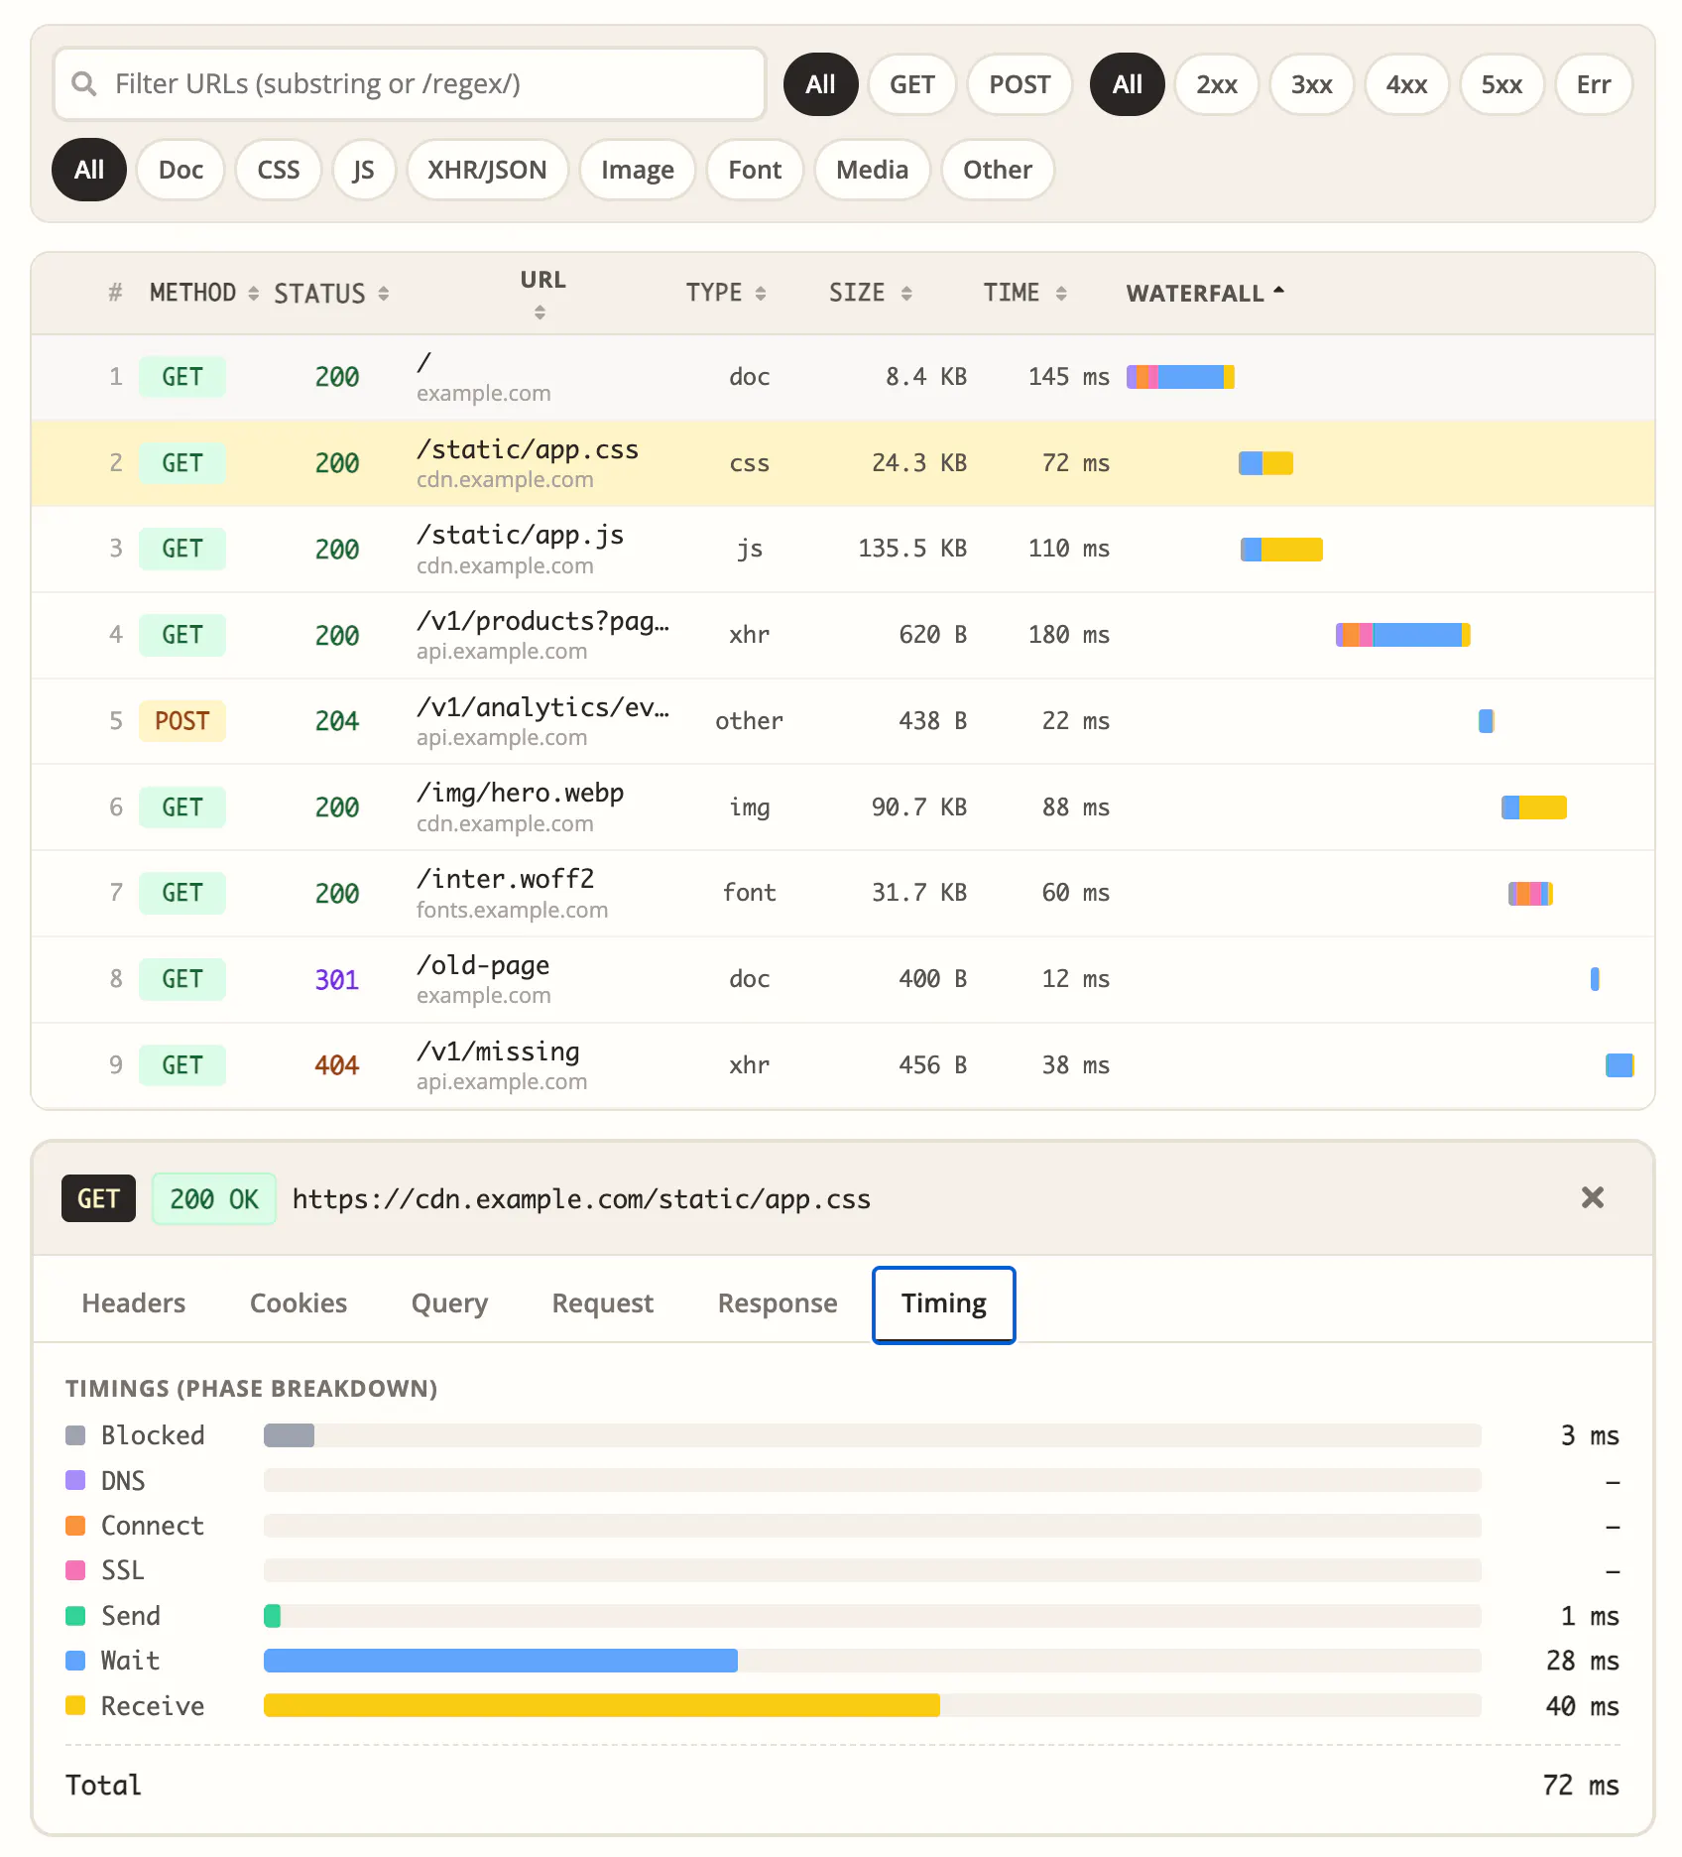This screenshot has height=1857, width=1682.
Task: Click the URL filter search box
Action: coord(410,84)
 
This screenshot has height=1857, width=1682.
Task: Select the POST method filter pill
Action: coord(1020,84)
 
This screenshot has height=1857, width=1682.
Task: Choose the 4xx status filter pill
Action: coord(1406,84)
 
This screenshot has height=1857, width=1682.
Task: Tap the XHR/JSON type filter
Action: coord(487,170)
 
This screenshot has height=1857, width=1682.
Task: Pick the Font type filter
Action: coord(755,170)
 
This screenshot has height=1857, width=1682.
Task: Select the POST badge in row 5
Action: coord(182,721)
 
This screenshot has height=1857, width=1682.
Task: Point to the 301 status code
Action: coord(337,980)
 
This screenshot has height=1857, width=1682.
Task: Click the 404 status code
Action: coord(337,1065)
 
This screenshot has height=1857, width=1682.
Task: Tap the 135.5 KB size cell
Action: coord(912,549)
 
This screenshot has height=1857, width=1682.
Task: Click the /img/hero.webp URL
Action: coord(521,794)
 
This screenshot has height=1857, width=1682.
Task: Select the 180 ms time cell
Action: coord(1069,635)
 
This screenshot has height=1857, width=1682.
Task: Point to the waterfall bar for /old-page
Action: coord(1595,979)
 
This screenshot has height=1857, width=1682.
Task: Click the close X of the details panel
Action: coord(1593,1198)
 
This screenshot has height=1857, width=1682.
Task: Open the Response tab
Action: coord(778,1303)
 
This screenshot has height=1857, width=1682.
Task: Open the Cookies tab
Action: coord(299,1303)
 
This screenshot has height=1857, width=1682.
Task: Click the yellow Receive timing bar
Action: coord(602,1705)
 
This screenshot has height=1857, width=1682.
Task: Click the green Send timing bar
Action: coord(272,1616)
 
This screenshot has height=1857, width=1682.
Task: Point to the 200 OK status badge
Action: coord(214,1198)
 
